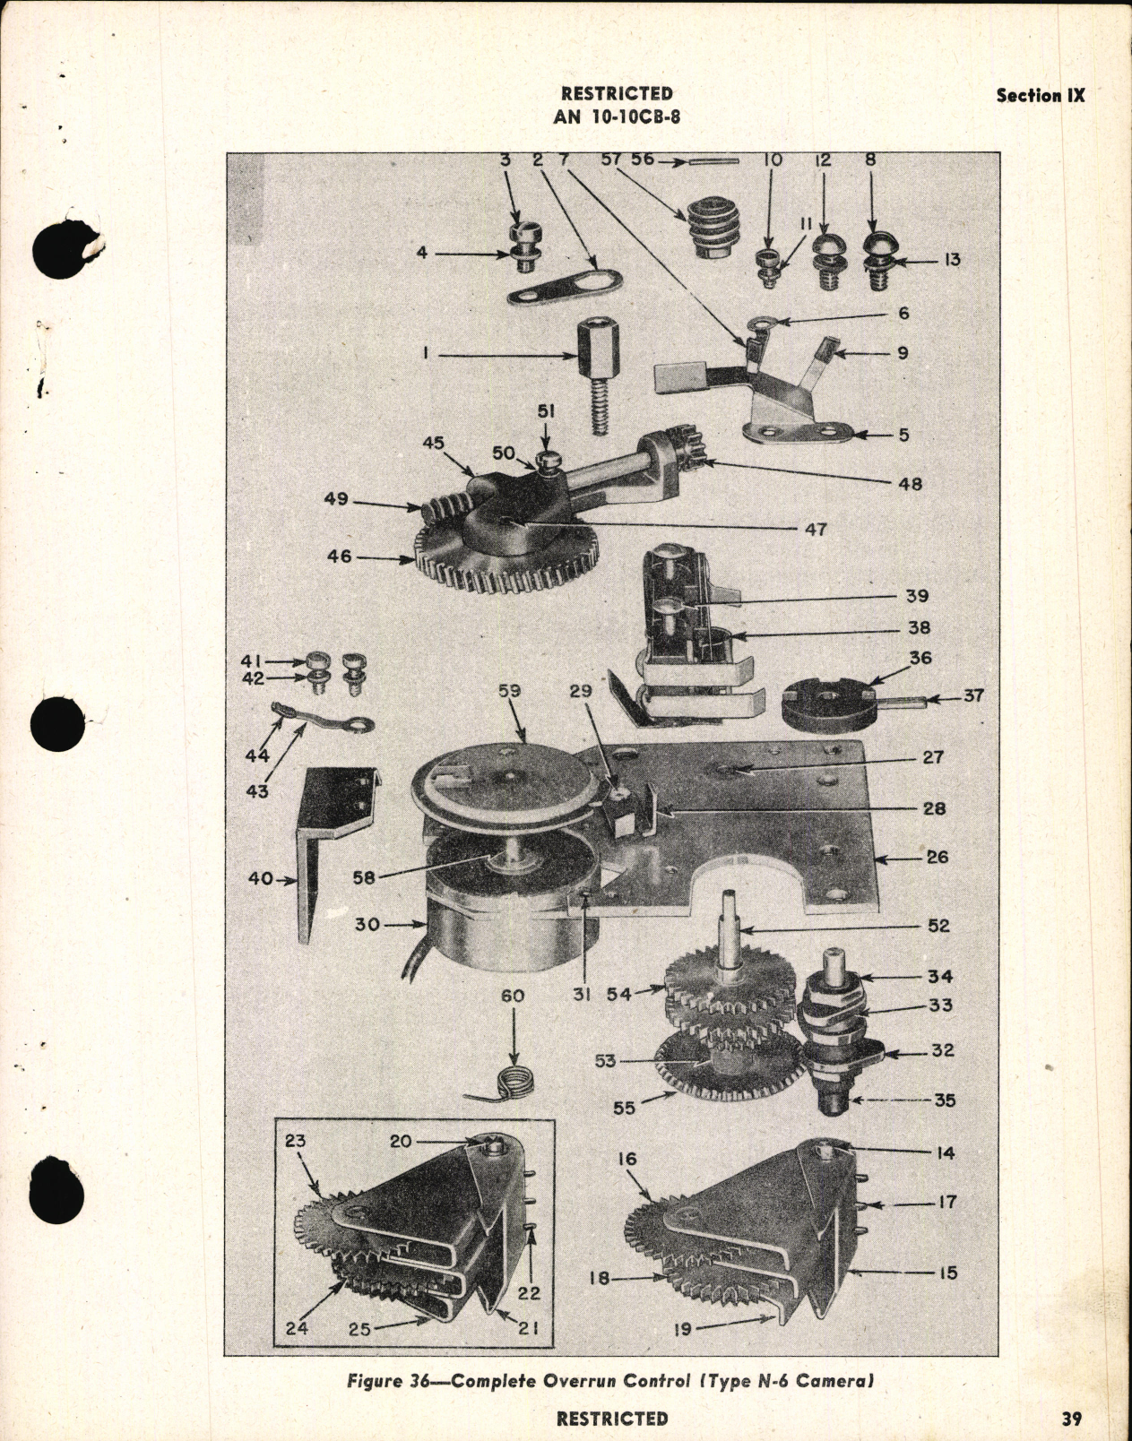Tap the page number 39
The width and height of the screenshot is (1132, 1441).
point(1067,1418)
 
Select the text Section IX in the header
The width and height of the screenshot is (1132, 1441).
point(1040,96)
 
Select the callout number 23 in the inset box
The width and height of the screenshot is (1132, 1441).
point(296,1142)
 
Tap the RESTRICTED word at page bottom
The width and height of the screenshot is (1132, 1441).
point(611,1418)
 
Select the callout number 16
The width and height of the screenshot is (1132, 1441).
point(626,1160)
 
